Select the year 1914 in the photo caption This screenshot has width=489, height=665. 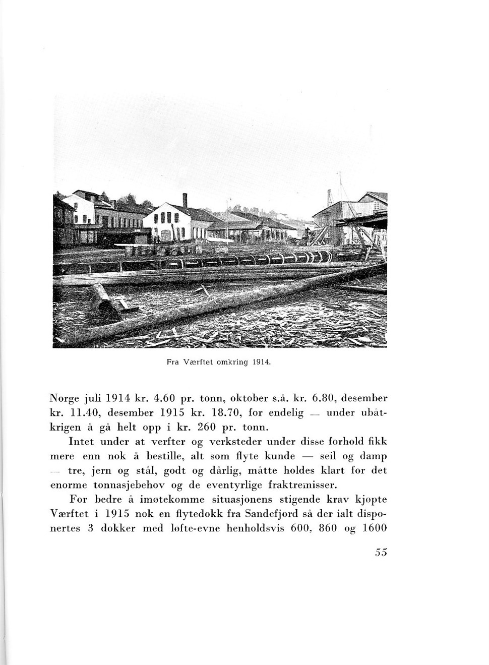263,362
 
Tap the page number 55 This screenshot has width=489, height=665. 381,553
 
